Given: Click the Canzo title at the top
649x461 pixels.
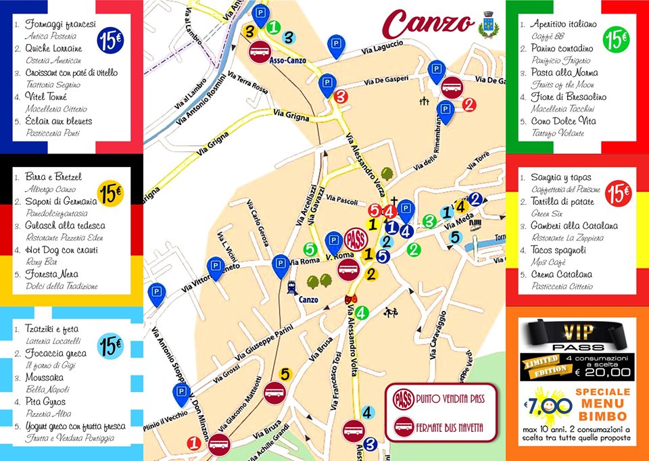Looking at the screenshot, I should coord(427,23).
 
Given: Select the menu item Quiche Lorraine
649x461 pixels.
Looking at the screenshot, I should coord(54,49).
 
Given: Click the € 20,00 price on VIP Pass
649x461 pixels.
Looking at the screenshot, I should coord(604,371).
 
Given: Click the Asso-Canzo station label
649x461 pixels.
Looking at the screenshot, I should coord(287,60).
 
